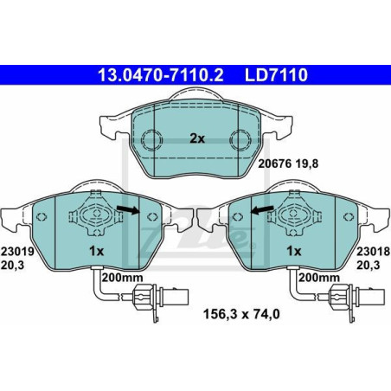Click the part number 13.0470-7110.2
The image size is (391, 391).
click(x=153, y=77)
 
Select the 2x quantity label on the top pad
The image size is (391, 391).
click(x=197, y=138)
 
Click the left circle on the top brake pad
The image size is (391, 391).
click(x=153, y=138)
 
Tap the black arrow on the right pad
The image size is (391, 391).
click(x=262, y=208)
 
